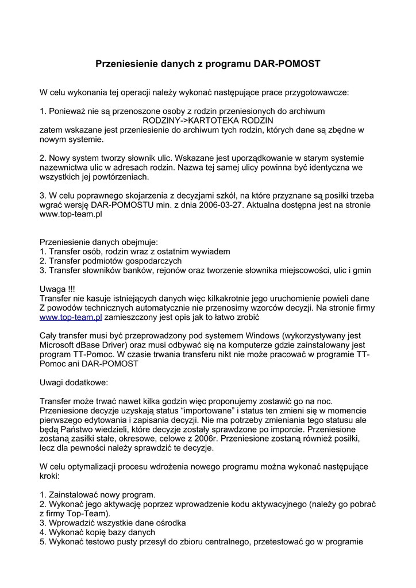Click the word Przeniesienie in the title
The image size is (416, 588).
pos(122,64)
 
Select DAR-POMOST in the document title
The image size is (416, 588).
pos(287,64)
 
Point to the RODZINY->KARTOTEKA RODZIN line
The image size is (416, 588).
pos(207,121)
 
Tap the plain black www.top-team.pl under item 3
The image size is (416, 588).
pos(71,214)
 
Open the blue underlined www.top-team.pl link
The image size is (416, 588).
pos(71,317)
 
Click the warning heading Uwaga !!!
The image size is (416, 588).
pos(57,289)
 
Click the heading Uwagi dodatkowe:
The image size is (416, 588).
pos(73,382)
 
